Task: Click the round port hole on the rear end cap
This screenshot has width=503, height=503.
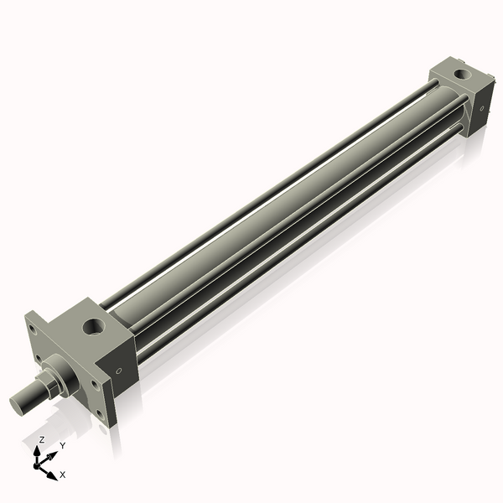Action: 464,76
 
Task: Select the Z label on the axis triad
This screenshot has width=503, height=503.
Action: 41,440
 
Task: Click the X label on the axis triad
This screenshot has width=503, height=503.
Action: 63,475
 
